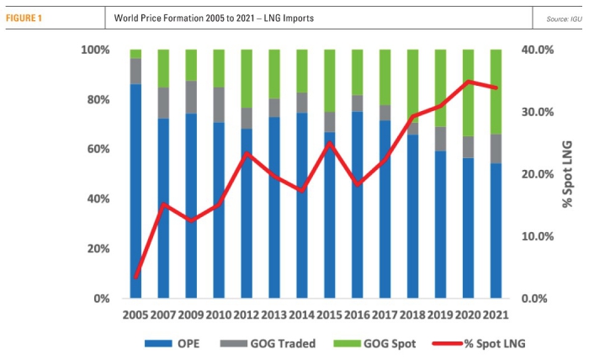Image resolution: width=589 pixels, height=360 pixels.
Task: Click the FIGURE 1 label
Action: (28, 18)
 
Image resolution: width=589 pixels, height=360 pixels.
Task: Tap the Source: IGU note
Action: (564, 18)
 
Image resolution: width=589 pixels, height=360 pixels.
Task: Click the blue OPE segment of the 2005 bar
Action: (135, 193)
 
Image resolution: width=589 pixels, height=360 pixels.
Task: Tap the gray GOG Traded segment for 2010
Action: (219, 104)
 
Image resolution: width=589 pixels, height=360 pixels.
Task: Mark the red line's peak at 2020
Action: (468, 82)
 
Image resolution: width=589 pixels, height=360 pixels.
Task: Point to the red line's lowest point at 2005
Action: (135, 277)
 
